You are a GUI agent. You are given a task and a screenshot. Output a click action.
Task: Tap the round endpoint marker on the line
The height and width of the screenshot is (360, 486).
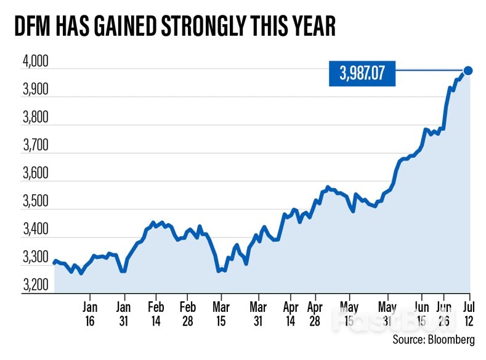(x=468, y=70)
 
